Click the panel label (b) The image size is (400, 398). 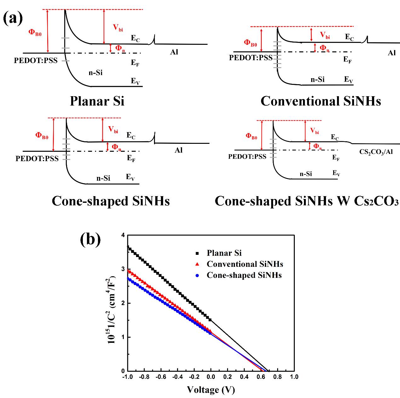pyautogui.click(x=90, y=239)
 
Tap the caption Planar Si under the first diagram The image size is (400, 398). pyautogui.click(x=97, y=101)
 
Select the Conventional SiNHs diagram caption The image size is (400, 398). pyautogui.click(x=321, y=101)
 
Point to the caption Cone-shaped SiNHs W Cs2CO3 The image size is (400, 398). pyautogui.click(x=306, y=201)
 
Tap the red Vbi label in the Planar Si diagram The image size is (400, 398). pyautogui.click(x=118, y=27)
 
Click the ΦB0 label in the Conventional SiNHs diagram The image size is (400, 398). pyautogui.click(x=251, y=43)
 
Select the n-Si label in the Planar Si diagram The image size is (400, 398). pyautogui.click(x=95, y=73)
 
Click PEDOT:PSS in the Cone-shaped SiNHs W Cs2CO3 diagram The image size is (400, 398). pyautogui.click(x=247, y=156)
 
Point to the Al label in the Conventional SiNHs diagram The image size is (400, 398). pyautogui.click(x=391, y=53)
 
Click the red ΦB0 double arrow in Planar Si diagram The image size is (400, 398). pyautogui.click(x=48, y=31)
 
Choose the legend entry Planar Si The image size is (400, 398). pyautogui.click(x=224, y=253)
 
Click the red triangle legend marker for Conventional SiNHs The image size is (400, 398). pyautogui.click(x=197, y=264)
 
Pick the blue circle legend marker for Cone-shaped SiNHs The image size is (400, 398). pyautogui.click(x=197, y=275)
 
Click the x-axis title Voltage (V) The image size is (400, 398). pyautogui.click(x=211, y=390)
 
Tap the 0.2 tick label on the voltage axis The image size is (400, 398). pyautogui.click(x=227, y=377)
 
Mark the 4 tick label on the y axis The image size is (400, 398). pyautogui.click(x=123, y=235)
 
